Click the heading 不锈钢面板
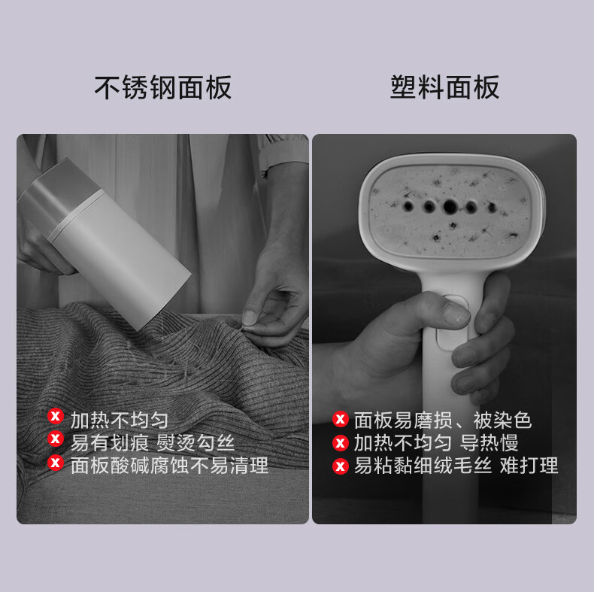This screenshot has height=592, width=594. [x=163, y=87]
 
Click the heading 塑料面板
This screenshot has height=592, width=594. [x=444, y=87]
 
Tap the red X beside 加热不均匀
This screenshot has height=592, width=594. [x=56, y=416]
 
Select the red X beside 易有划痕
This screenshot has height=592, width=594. [x=56, y=439]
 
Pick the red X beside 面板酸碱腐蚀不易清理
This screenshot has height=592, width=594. [x=56, y=463]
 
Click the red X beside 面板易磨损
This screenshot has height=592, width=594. [x=340, y=419]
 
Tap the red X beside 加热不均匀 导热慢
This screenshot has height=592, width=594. [x=340, y=442]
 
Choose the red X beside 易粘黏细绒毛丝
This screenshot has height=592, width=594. [x=340, y=466]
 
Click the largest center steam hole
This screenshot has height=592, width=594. [x=450, y=207]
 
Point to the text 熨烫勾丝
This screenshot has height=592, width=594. [x=195, y=442]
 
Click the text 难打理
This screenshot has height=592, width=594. [x=529, y=466]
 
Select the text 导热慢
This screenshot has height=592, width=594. [x=489, y=442]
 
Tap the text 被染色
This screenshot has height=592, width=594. [x=503, y=420]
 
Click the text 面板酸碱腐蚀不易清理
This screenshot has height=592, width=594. [x=170, y=466]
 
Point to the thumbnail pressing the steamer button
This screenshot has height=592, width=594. [x=456, y=313]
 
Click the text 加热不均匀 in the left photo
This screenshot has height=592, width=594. [x=120, y=420]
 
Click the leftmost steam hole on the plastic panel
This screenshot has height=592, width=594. [x=408, y=206]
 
